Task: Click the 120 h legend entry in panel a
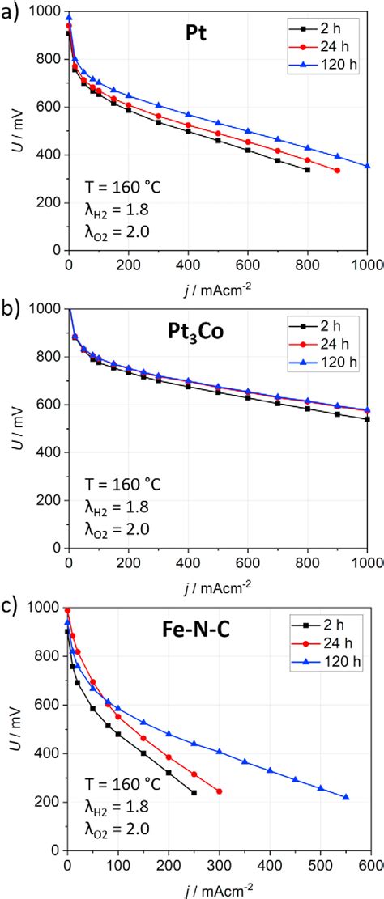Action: coord(335,56)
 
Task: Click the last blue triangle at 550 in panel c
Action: coord(346,797)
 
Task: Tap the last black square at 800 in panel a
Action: coord(308,170)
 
